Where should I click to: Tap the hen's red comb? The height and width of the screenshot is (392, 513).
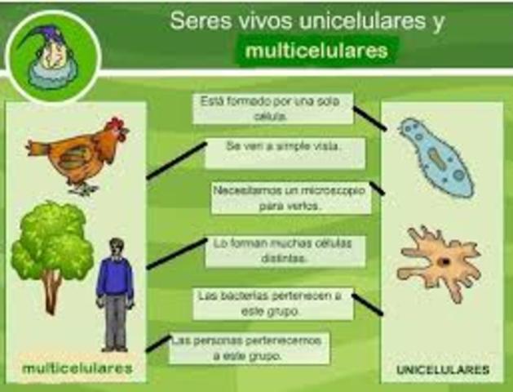[117, 127]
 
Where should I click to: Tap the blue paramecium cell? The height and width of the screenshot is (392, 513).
[435, 156]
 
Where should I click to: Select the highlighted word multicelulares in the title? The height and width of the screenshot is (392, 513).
[316, 51]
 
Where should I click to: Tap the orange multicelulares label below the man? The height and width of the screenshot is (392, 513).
[77, 368]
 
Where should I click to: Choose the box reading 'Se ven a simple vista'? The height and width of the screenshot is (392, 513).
[284, 149]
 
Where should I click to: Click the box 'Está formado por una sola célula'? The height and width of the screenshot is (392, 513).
[273, 109]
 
